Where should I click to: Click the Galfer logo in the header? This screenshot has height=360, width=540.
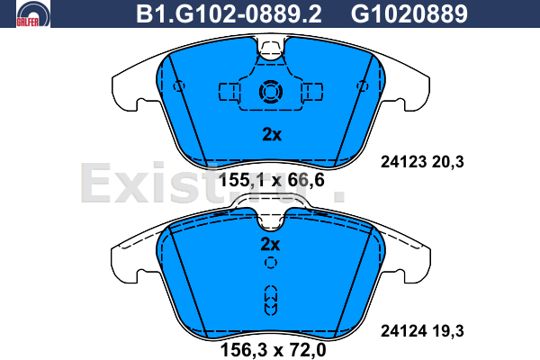(x=33, y=13)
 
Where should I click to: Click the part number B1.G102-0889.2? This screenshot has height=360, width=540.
(x=229, y=14)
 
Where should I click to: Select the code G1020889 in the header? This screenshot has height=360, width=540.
(x=409, y=14)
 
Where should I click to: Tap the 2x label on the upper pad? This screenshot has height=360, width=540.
(x=272, y=134)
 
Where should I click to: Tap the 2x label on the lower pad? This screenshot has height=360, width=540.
(x=270, y=244)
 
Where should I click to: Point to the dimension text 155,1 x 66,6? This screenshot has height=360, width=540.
(x=272, y=180)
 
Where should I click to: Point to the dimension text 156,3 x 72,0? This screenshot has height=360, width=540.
(x=273, y=350)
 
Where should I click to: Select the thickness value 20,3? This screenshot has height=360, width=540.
(x=447, y=162)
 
